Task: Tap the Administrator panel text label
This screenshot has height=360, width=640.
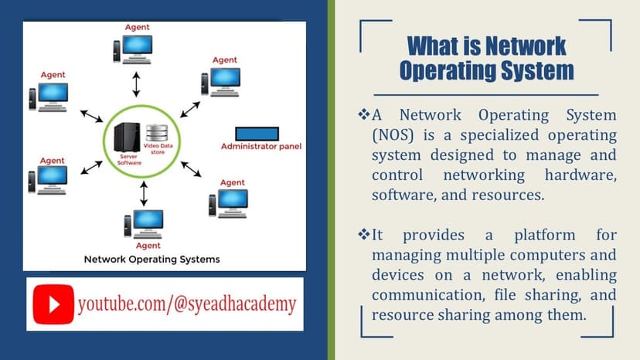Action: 261,146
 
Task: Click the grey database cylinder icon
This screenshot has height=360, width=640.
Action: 157,131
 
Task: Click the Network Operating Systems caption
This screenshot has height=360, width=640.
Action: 151,260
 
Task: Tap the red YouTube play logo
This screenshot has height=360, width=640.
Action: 53,304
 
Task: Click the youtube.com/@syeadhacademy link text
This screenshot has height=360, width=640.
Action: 187,304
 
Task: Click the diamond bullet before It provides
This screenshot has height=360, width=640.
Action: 365,234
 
